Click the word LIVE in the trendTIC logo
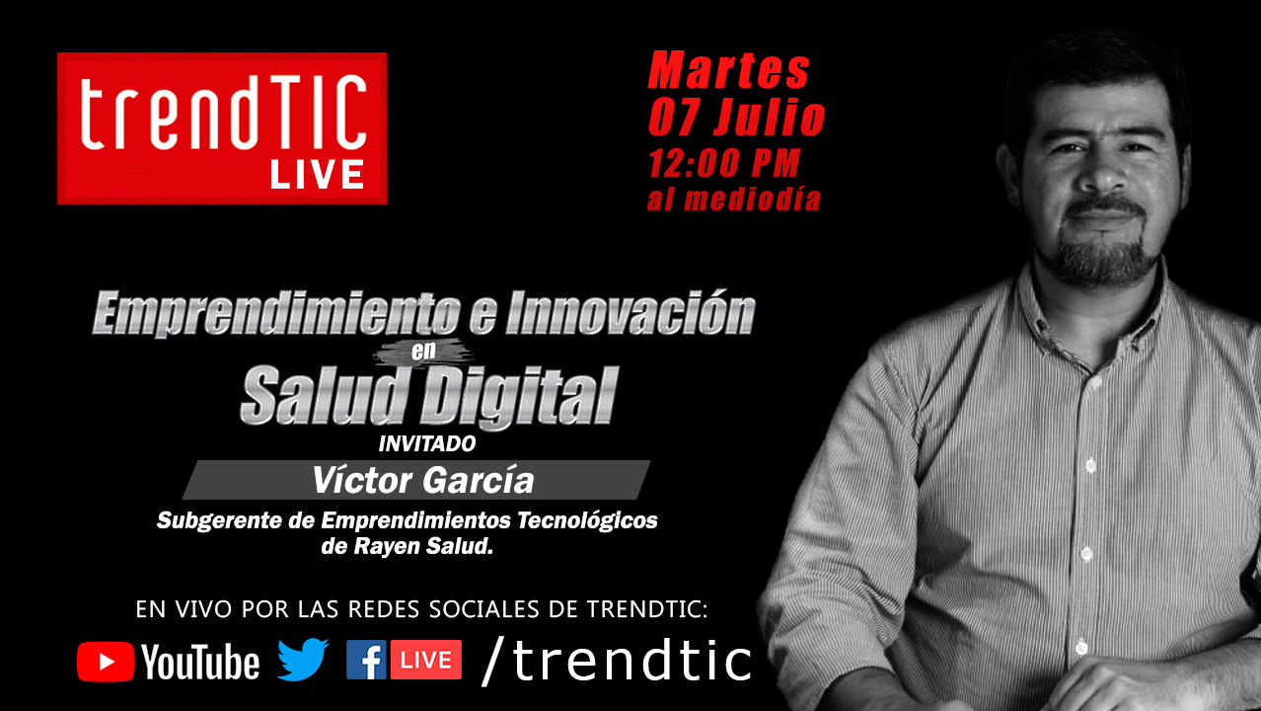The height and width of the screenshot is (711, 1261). pyautogui.click(x=317, y=174)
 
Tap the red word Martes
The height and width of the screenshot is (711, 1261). pyautogui.click(x=729, y=70)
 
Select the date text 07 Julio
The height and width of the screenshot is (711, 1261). pyautogui.click(x=736, y=118)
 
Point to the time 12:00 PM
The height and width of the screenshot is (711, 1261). pyautogui.click(x=724, y=163)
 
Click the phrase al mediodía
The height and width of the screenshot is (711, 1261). pyautogui.click(x=733, y=198)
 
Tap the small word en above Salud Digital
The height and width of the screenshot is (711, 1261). pyautogui.click(x=423, y=351)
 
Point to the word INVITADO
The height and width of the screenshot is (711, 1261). pyautogui.click(x=427, y=444)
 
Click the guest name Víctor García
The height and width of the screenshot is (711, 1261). pyautogui.click(x=422, y=481)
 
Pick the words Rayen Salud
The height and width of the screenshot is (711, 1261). pyautogui.click(x=423, y=546)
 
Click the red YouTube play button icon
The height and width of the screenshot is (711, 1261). pyautogui.click(x=106, y=662)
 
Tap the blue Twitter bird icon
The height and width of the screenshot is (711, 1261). pyautogui.click(x=303, y=660)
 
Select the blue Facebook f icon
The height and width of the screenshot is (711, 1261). pyautogui.click(x=366, y=660)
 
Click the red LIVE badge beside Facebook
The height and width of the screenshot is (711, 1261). pyautogui.click(x=426, y=660)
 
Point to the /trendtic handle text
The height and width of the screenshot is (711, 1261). pyautogui.click(x=617, y=662)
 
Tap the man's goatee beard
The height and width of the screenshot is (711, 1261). pyautogui.click(x=1102, y=257)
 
